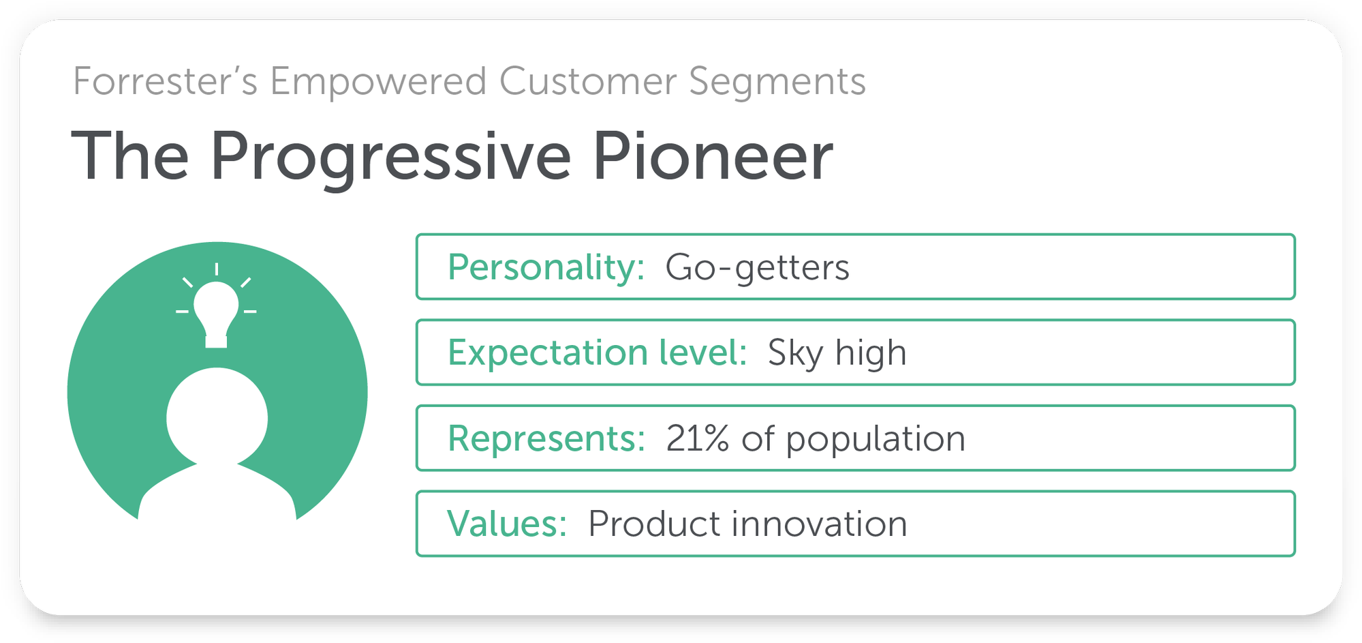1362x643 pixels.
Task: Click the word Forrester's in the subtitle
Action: pos(165,81)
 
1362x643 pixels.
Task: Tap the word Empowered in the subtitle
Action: pos(378,81)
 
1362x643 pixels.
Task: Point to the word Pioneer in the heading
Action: pos(713,155)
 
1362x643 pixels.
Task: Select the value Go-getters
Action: pos(757,268)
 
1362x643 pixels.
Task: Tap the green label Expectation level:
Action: pos(598,353)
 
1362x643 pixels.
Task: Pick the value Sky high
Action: pos(837,353)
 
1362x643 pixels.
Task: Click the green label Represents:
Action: pos(546,438)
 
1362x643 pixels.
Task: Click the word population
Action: pos(876,440)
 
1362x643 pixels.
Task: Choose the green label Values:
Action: pos(507,524)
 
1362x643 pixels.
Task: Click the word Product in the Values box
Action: pos(654,524)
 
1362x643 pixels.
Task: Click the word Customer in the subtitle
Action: pos(587,81)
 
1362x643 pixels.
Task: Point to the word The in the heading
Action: pos(130,155)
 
